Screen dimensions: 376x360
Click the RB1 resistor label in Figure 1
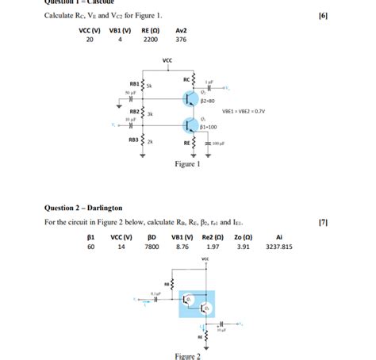point(135,83)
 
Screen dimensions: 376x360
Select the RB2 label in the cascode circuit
point(135,112)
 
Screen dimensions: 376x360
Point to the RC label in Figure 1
point(186,79)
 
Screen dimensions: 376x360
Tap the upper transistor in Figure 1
point(190,98)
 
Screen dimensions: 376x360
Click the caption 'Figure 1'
point(187,164)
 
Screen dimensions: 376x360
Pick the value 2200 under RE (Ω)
point(151,39)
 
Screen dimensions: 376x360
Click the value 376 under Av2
point(181,39)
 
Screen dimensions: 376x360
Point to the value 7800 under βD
point(152,247)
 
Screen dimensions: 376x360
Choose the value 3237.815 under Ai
point(278,247)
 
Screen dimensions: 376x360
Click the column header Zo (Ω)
point(244,236)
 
